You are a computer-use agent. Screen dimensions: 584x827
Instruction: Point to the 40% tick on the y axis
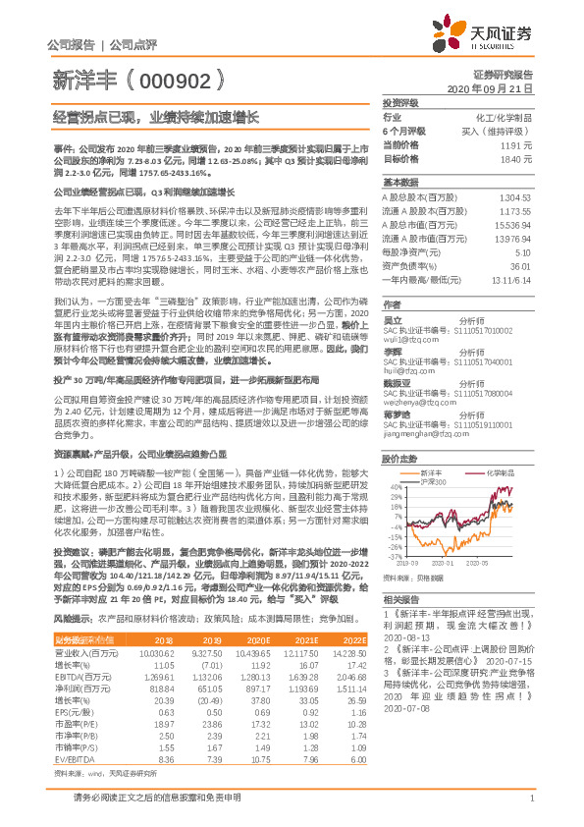(394, 487)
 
